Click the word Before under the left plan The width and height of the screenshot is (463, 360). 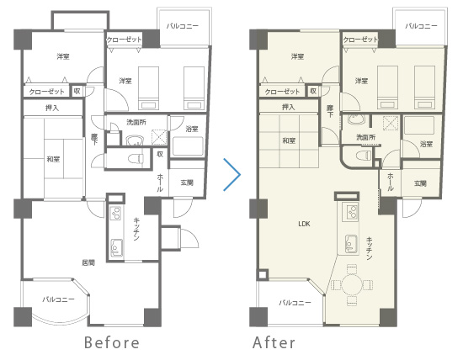click(112, 342)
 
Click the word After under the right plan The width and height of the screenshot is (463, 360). click(274, 342)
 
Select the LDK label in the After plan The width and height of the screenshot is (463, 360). click(304, 224)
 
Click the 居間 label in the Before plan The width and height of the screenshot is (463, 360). click(88, 262)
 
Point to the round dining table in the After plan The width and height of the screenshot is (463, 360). click(352, 285)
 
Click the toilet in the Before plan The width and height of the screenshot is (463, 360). click(136, 158)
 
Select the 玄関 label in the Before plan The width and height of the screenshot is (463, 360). click(187, 183)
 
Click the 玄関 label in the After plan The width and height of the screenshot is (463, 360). click(420, 183)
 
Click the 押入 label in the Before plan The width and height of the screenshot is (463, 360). click(52, 108)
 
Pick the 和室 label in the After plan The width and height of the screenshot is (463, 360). click(289, 140)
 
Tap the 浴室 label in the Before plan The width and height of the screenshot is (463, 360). click(192, 129)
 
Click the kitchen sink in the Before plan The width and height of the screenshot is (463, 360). click(116, 247)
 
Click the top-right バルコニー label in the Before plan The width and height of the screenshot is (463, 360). click(183, 26)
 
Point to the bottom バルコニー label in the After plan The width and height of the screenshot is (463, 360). click(295, 303)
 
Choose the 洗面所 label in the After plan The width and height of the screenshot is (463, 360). click(366, 137)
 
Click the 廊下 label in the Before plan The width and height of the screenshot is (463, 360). click(94, 140)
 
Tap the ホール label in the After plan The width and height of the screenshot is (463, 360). click(391, 182)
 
